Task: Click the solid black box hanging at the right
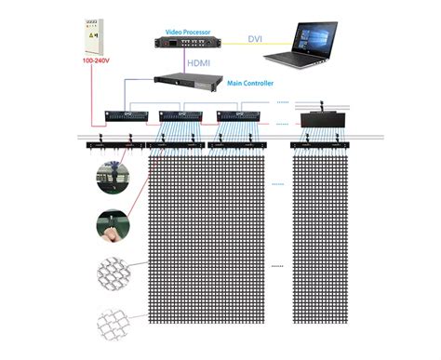pyautogui.click(x=323, y=118)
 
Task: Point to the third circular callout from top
pyautogui.click(x=113, y=274)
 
